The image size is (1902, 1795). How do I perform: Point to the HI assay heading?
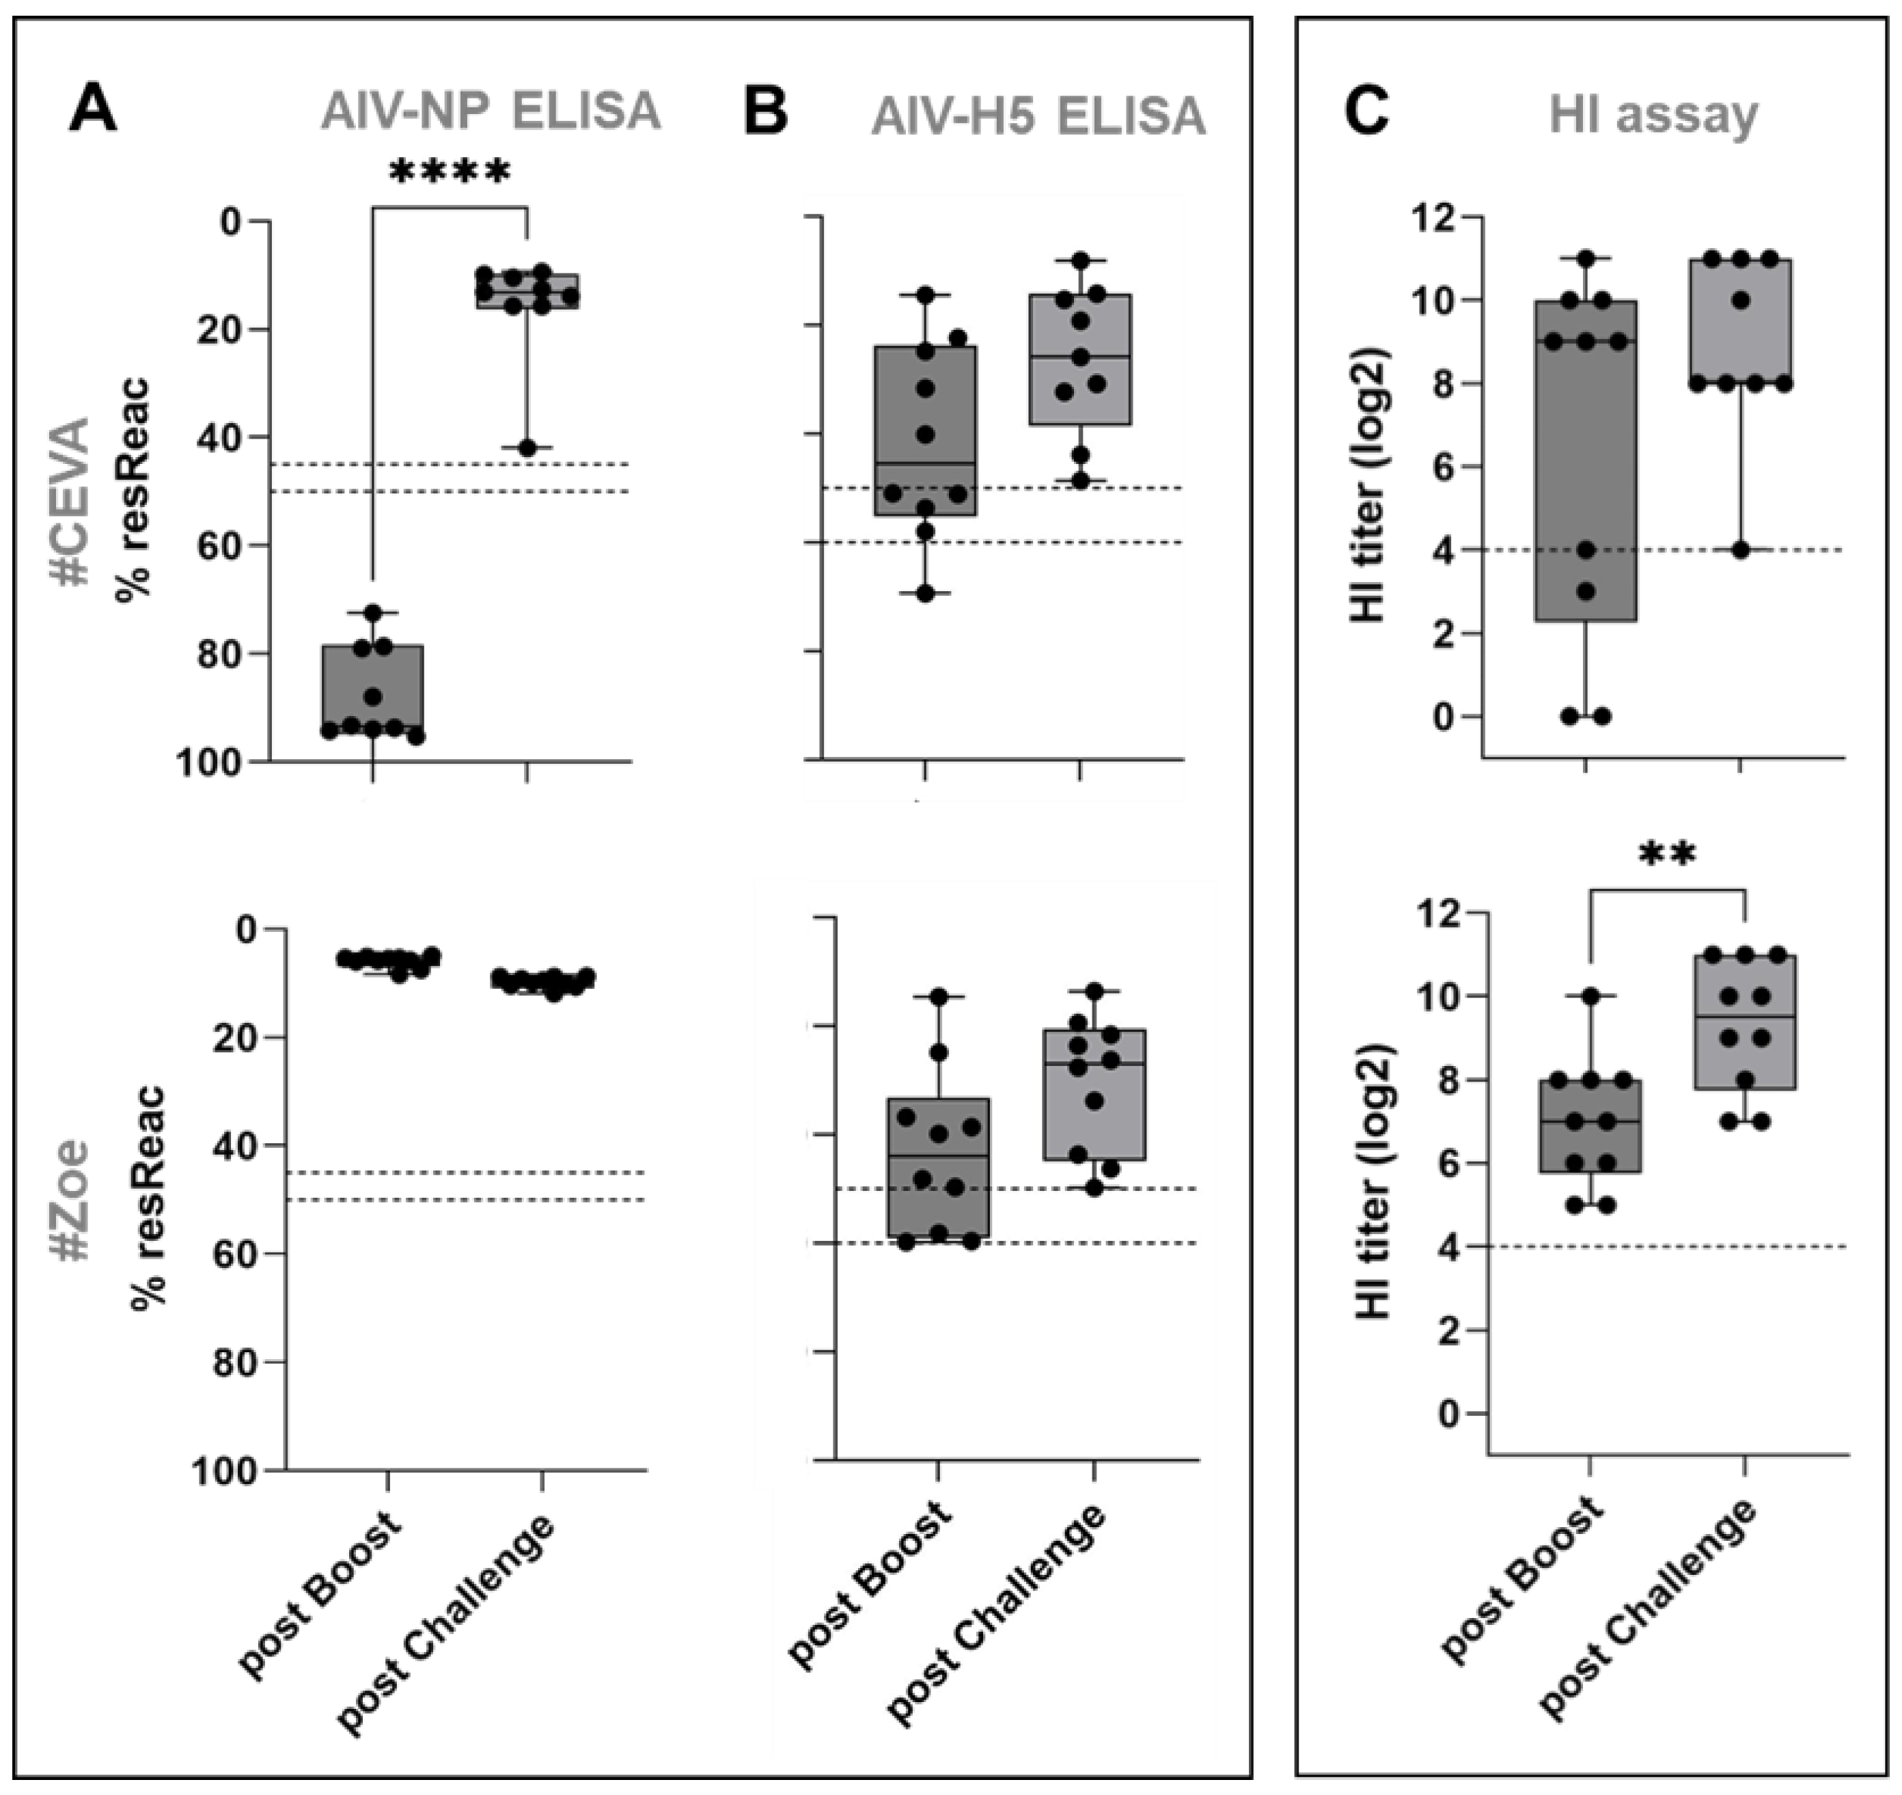point(1653,115)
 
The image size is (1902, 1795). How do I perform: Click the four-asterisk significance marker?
point(450,173)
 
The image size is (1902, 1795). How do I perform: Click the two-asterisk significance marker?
point(1667,853)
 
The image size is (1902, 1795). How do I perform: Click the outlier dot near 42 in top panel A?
point(526,448)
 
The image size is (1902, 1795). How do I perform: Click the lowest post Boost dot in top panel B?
point(925,593)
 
